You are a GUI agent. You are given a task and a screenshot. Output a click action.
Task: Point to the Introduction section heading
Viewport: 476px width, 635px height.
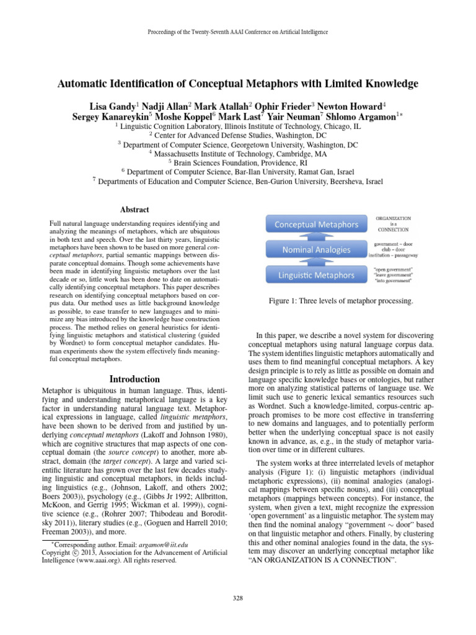click(134, 379)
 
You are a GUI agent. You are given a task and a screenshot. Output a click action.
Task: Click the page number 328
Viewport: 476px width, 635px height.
click(237, 598)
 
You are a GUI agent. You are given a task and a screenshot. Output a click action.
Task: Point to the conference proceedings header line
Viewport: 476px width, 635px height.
click(237, 32)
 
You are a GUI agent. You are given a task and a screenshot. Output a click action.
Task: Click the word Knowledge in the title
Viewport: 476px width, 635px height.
click(379, 83)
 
